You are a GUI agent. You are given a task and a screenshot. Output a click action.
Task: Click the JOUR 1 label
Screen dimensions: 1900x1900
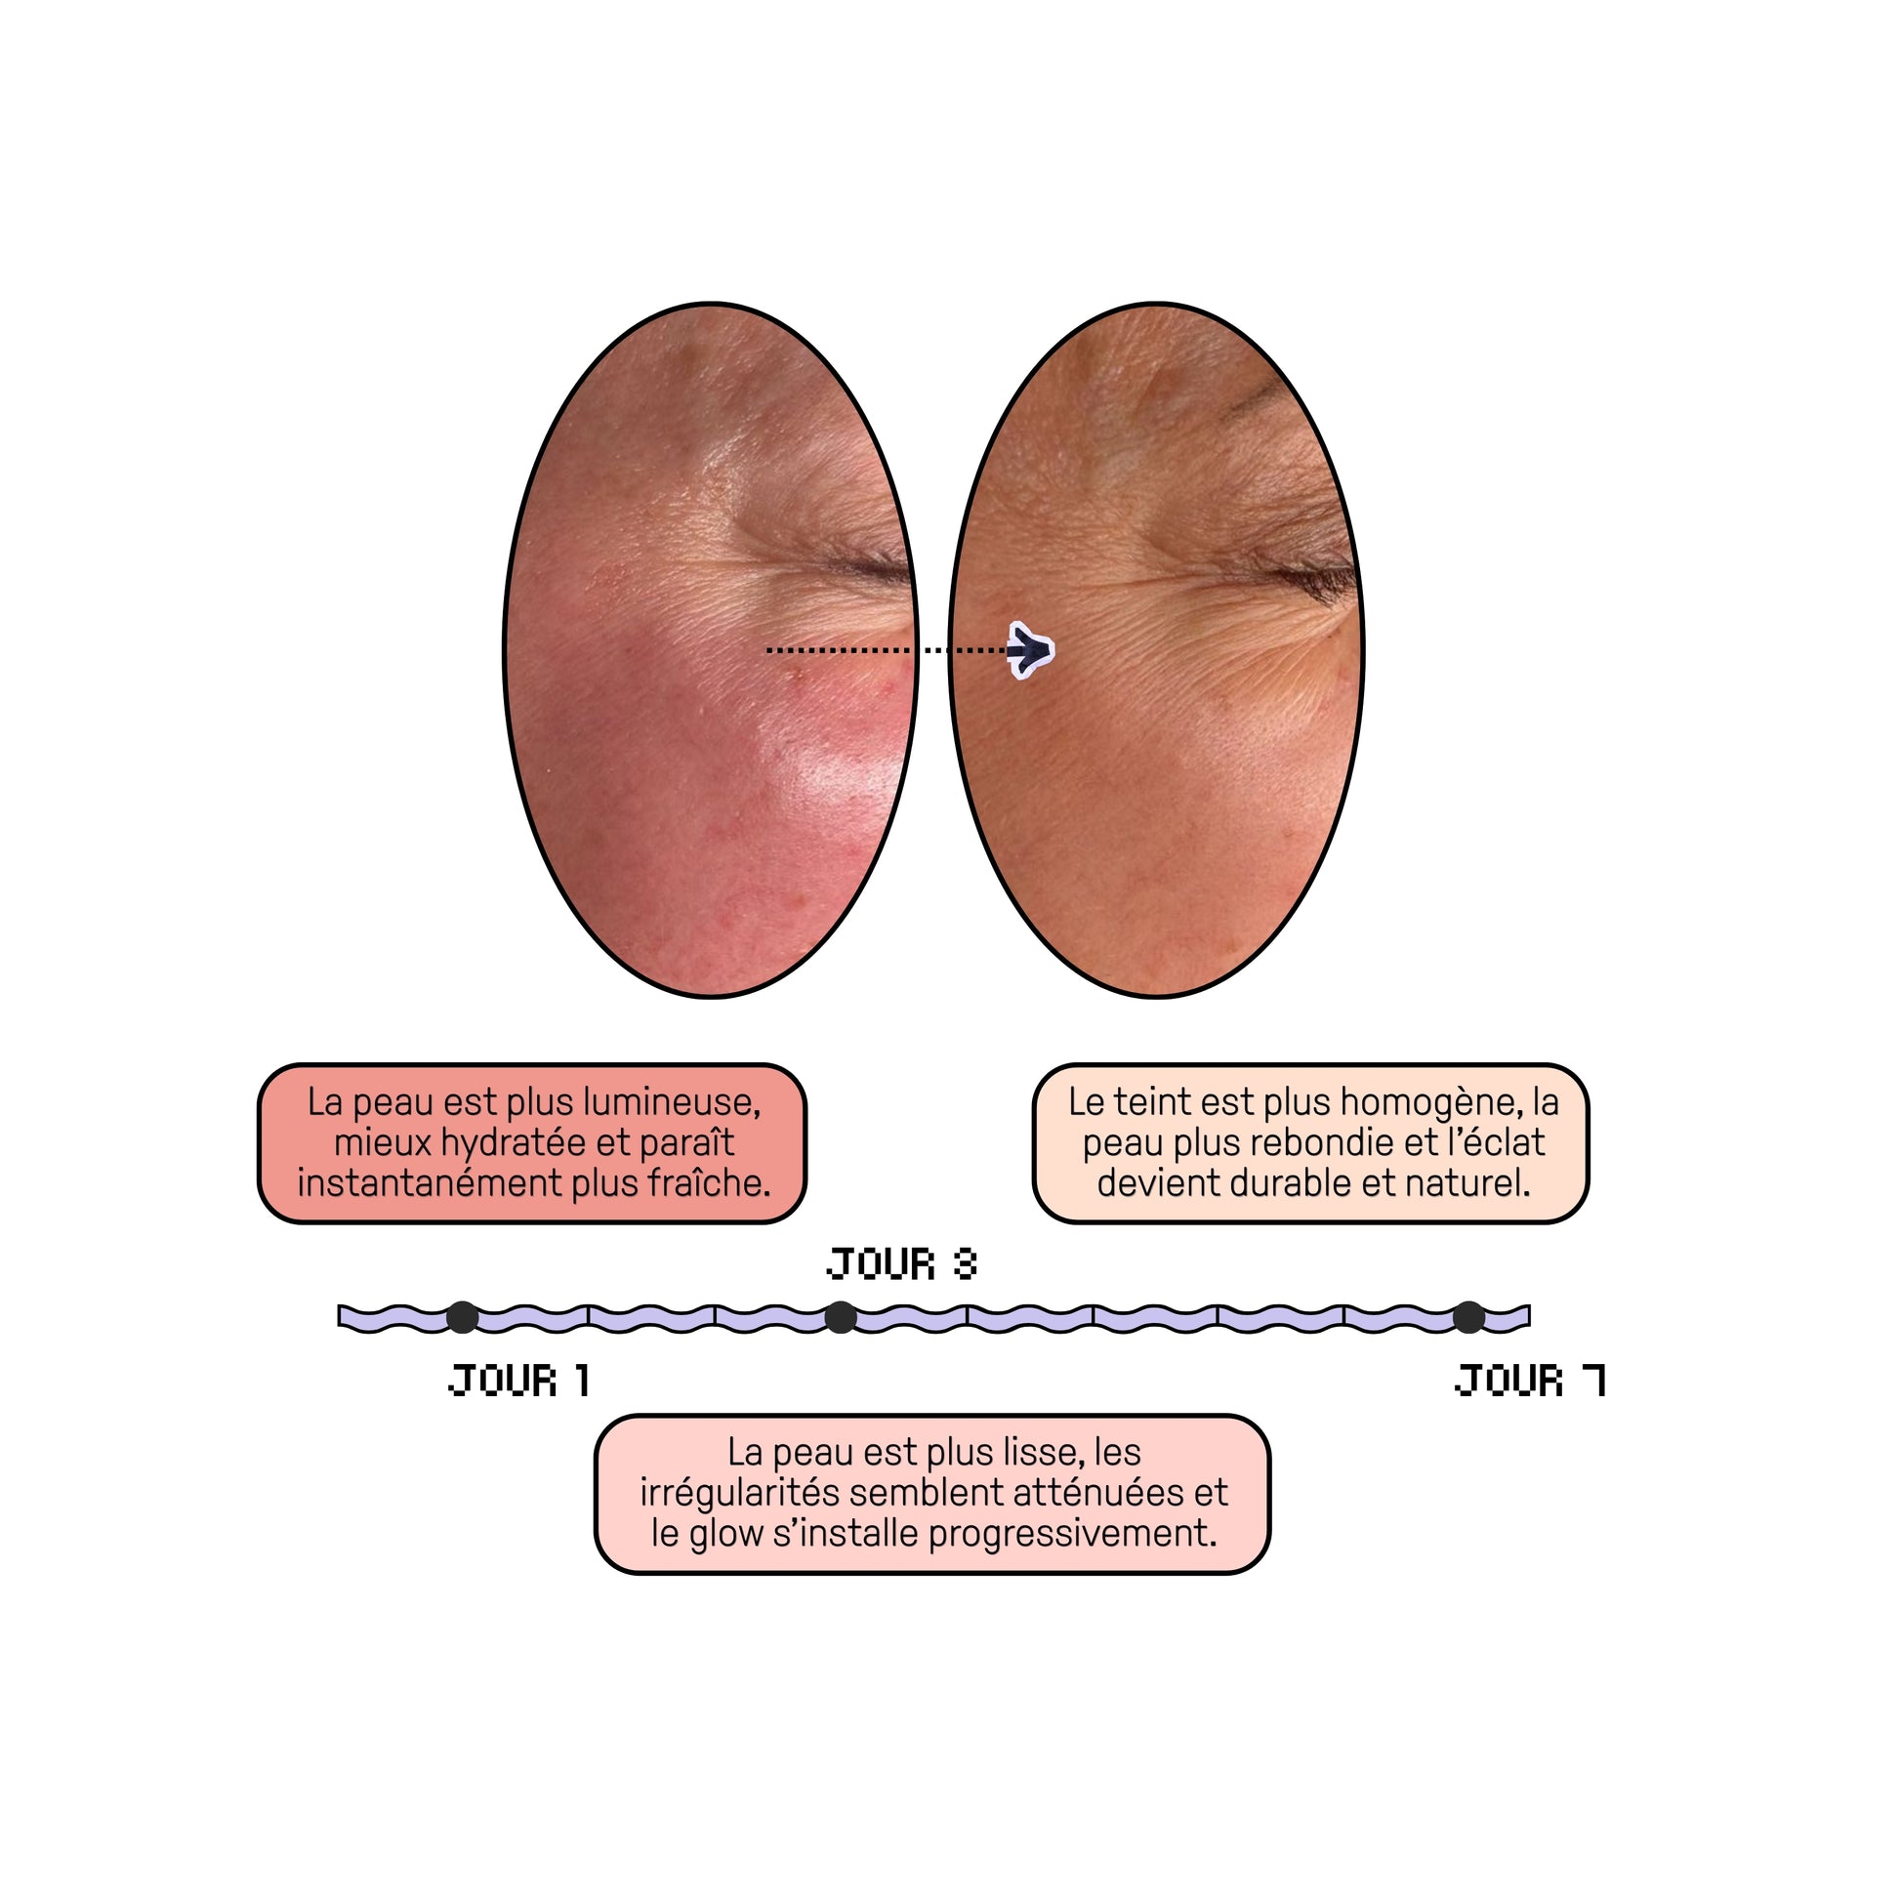click(519, 1381)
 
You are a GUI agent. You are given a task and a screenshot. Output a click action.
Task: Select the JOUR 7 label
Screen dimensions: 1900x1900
click(1530, 1381)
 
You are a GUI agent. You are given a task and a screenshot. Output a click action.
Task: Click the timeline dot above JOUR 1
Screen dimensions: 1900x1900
click(462, 1317)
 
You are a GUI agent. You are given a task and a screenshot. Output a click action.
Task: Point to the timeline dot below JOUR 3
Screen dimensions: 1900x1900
click(840, 1317)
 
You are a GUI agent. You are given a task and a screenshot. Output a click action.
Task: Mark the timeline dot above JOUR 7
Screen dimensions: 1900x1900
click(1468, 1317)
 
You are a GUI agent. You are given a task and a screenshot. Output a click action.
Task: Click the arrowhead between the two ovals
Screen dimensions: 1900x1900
click(1030, 650)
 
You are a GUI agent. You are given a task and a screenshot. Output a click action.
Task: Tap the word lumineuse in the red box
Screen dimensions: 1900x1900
click(672, 1102)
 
